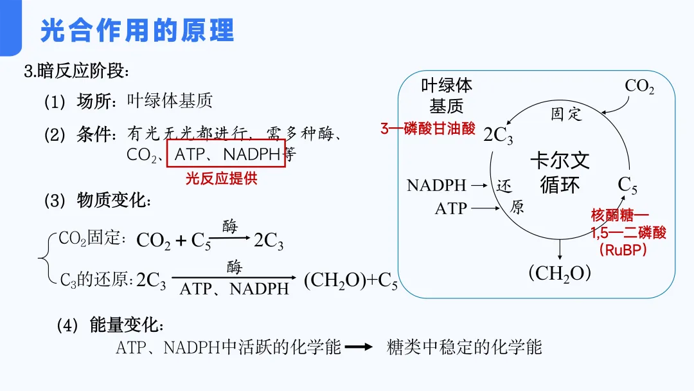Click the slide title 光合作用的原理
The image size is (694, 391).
137,31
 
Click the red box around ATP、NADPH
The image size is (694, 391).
226,154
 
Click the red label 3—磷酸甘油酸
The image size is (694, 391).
428,129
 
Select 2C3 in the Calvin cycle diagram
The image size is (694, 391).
499,136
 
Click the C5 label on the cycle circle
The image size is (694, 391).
628,185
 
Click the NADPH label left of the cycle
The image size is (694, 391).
436,186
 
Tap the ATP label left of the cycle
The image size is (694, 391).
450,208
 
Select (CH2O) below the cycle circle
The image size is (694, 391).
559,273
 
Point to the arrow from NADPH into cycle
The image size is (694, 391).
480,186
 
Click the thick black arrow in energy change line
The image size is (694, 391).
359,347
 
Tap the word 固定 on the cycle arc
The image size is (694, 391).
567,114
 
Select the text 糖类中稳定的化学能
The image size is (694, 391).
465,347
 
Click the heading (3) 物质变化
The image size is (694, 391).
98,201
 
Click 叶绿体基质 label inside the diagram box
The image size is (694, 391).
446,95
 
